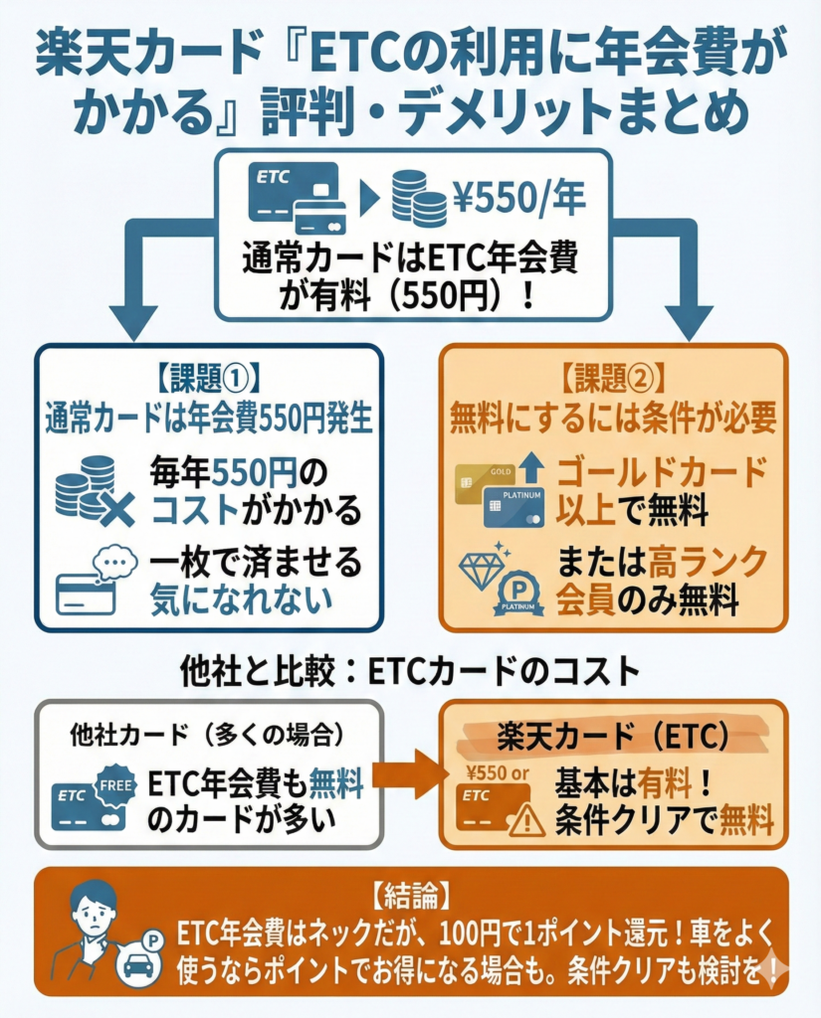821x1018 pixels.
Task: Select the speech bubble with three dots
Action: pos(115,564)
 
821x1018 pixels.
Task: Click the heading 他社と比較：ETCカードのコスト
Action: pos(410,672)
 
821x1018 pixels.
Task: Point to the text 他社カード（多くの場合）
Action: pos(208,736)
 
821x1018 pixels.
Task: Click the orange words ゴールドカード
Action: pos(659,470)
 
